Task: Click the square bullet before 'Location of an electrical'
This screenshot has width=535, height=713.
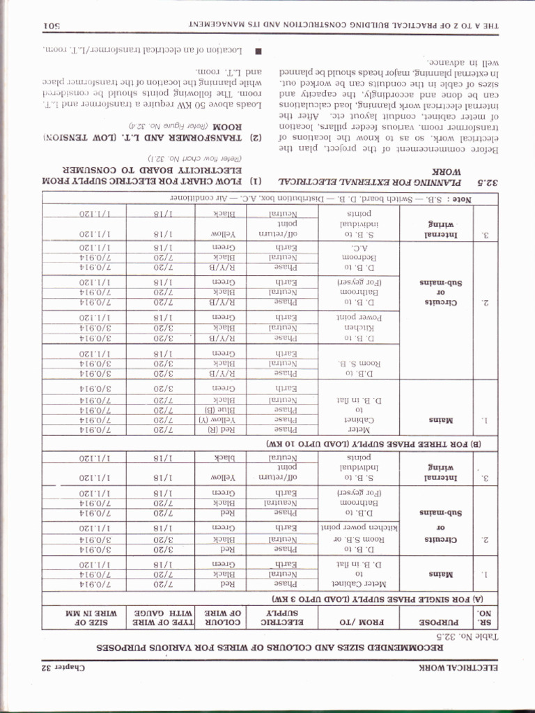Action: coord(258,50)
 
